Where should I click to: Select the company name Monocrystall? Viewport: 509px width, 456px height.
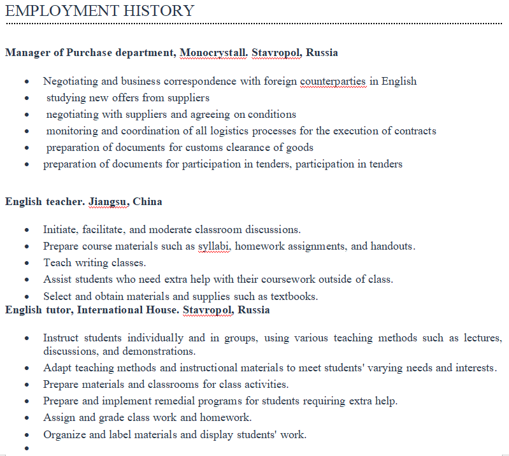213,52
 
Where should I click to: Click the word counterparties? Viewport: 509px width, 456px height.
333,82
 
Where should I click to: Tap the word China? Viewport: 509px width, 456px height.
147,202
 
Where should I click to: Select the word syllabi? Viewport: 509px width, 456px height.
213,246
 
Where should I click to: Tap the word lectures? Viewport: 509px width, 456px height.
480,338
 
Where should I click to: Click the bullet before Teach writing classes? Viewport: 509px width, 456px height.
26,263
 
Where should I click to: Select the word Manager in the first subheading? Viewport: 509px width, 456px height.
26,52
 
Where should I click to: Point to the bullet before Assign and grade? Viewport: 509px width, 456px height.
26,418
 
